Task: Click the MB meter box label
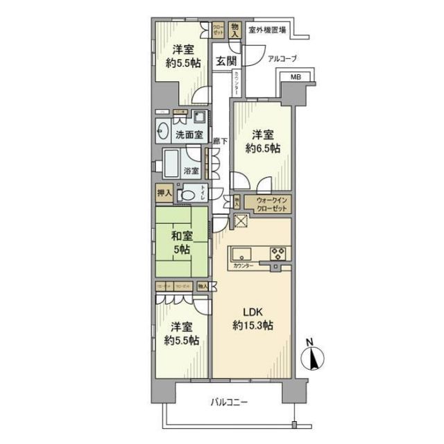(296, 77)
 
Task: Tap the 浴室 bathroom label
(191, 170)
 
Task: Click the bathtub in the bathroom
(172, 166)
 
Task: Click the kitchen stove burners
(278, 253)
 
